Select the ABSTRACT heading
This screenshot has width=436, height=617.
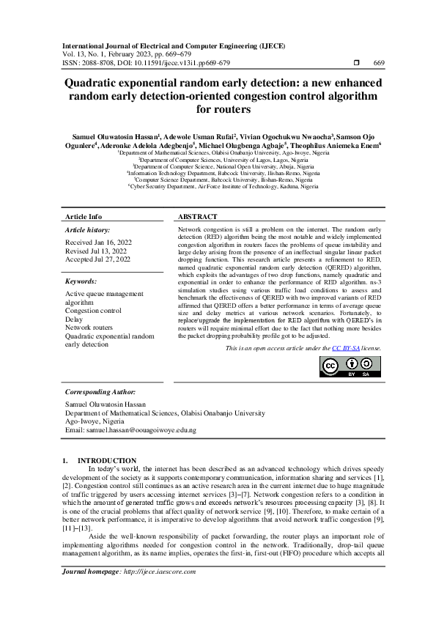[x=198, y=217]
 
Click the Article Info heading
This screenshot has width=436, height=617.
[x=84, y=217]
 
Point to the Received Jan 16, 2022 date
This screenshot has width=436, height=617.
[x=99, y=241]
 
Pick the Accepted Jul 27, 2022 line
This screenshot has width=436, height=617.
[x=98, y=259]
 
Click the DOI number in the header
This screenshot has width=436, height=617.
[x=169, y=62]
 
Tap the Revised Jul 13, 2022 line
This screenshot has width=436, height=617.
[x=97, y=250]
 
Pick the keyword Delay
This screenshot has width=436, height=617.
[x=75, y=319]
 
